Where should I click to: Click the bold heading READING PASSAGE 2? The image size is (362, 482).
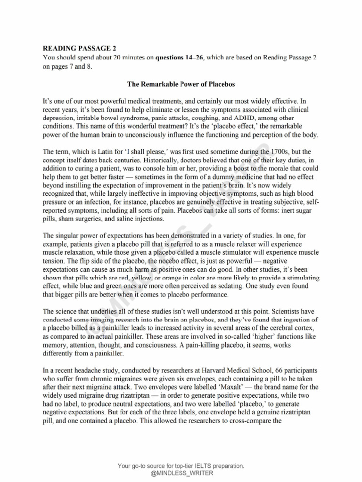pyautogui.click(x=79, y=48)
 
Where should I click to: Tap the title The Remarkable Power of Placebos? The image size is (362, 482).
pyautogui.click(x=181, y=84)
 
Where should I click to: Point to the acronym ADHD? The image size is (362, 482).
pyautogui.click(x=245, y=118)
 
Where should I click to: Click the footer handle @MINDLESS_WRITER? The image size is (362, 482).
pyautogui.click(x=181, y=473)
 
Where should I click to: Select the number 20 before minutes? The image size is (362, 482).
pyautogui.click(x=117, y=57)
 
